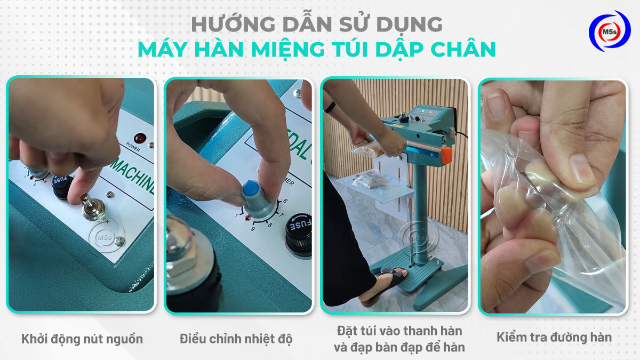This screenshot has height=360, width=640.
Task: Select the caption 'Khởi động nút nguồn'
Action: tap(82, 339)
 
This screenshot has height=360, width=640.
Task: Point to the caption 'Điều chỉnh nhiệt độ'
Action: tap(236, 339)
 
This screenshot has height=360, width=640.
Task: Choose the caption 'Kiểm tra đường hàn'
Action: tap(554, 337)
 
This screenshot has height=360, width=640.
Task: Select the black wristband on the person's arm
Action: tap(330, 106)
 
